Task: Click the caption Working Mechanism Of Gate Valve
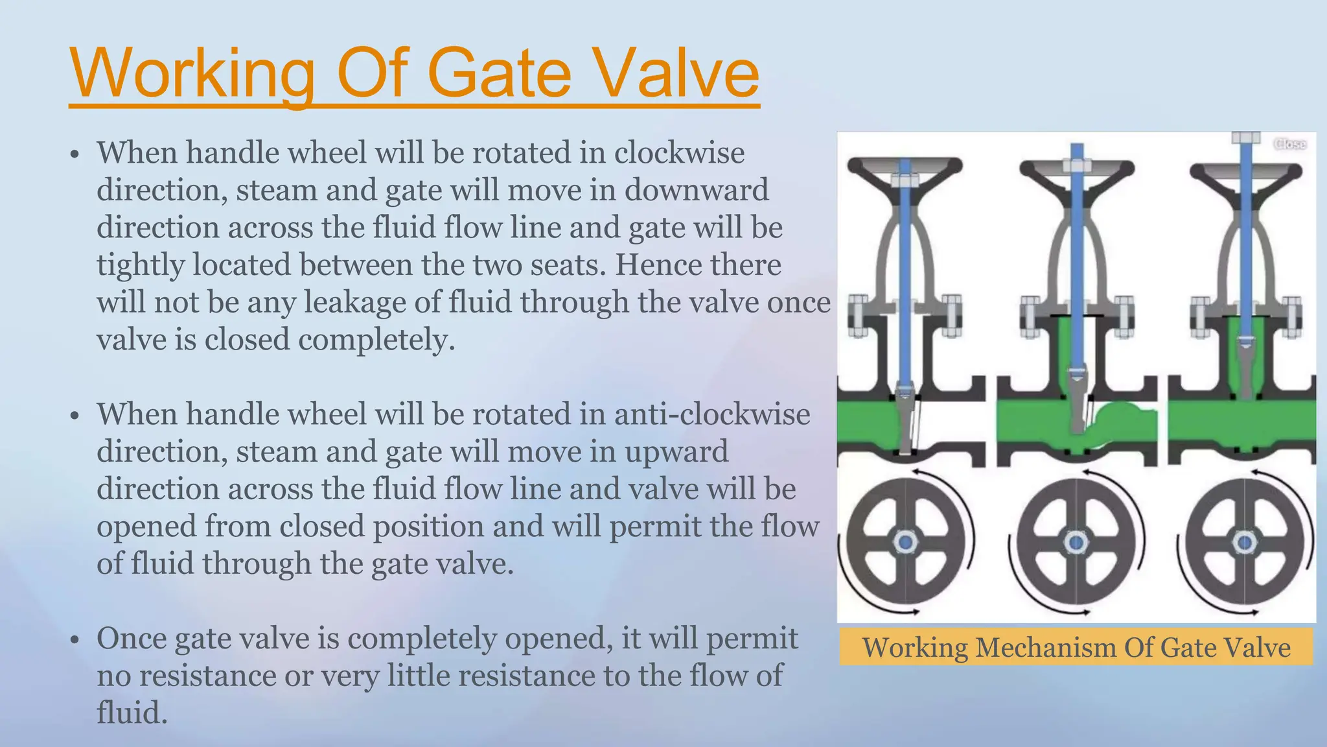coord(1076,647)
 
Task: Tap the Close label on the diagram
coord(1289,144)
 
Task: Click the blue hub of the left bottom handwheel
coord(905,541)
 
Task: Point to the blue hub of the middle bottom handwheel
coord(1076,541)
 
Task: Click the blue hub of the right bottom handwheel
coord(1244,541)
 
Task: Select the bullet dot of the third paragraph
coord(75,640)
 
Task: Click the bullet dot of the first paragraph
coord(75,154)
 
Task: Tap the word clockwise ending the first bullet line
coord(679,153)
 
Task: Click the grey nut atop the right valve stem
coord(1245,137)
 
